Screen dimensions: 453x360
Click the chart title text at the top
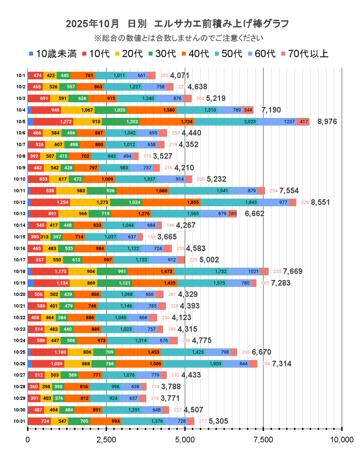pos(177,24)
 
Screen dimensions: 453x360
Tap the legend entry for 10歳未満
pos(53,54)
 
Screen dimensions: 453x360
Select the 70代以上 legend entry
pos(305,54)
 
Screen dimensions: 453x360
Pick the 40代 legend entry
pos(195,54)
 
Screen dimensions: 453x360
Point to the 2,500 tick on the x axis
pos(106,440)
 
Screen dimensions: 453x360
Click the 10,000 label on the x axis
pos(341,440)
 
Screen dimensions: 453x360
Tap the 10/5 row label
pos(21,122)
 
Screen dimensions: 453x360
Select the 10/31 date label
pos(19,421)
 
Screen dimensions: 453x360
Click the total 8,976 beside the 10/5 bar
pos(327,122)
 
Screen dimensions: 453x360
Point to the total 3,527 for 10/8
pos(163,156)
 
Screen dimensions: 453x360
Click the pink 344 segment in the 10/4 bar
pos(248,110)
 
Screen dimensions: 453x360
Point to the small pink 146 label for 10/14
pos(171,225)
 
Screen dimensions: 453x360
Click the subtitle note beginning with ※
pos(179,38)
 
